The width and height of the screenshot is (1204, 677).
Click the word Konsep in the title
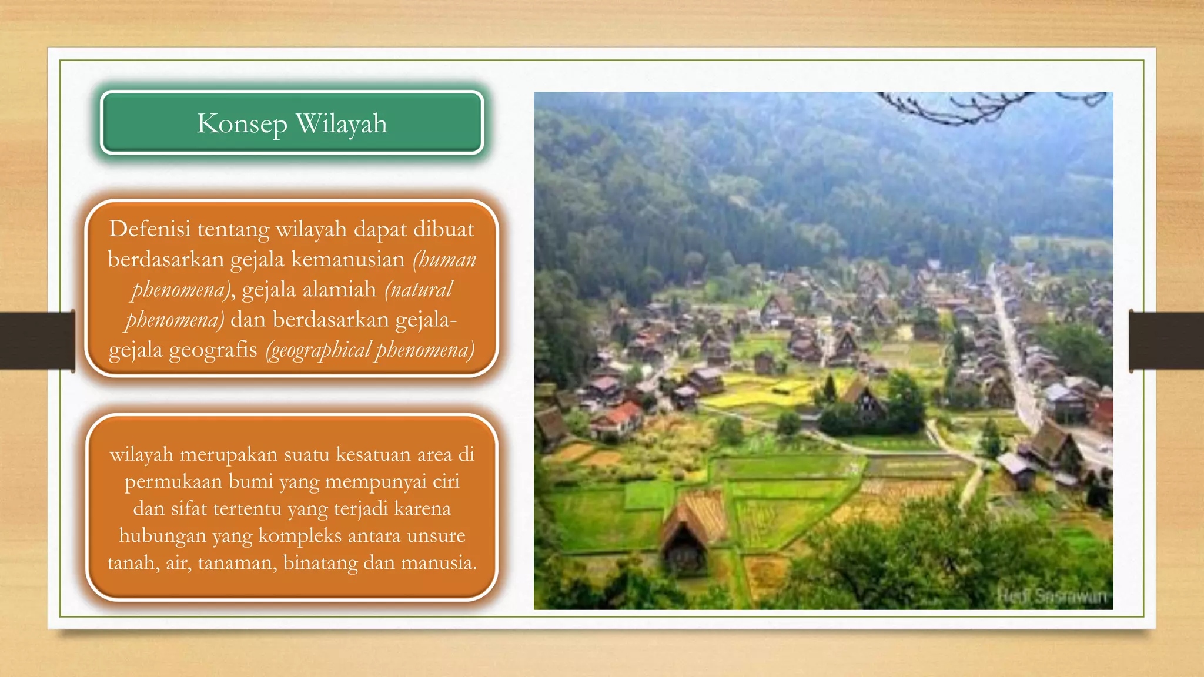pyautogui.click(x=242, y=124)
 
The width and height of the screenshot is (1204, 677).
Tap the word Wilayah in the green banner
pyautogui.click(x=341, y=124)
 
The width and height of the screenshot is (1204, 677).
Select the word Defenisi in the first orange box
pyautogui.click(x=150, y=229)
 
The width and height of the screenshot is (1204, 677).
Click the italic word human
pyautogui.click(x=445, y=259)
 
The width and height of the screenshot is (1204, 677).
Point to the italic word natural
pyautogui.click(x=419, y=289)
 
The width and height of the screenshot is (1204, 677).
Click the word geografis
pyautogui.click(x=213, y=350)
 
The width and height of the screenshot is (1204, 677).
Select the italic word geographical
pyautogui.click(x=320, y=350)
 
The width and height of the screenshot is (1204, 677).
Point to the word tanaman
pyautogui.click(x=237, y=562)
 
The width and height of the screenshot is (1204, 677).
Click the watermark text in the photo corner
pyautogui.click(x=1052, y=596)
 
